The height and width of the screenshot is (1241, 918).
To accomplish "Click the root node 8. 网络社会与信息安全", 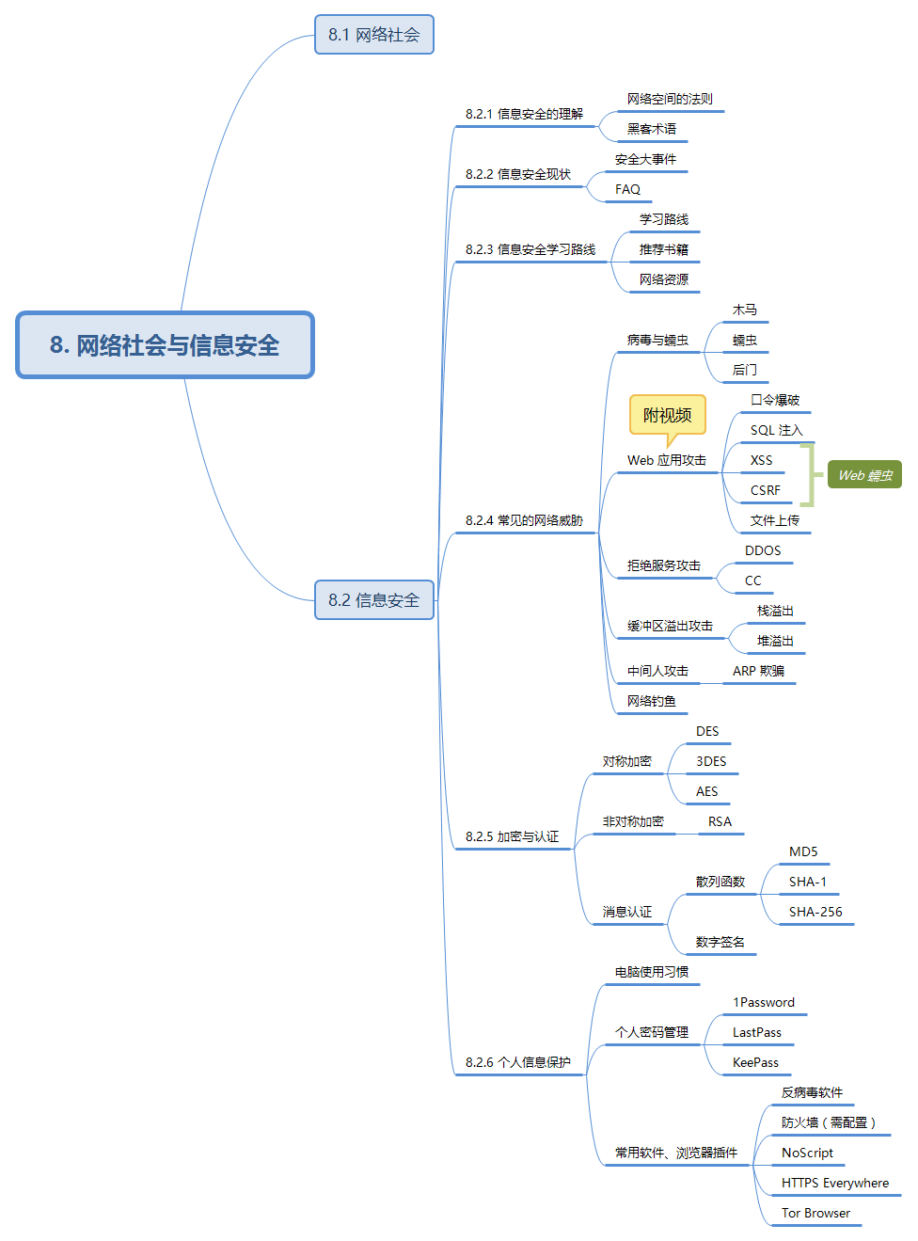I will click(165, 345).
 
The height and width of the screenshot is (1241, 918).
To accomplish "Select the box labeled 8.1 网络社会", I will click(373, 35).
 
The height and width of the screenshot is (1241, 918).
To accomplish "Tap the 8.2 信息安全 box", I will click(373, 600).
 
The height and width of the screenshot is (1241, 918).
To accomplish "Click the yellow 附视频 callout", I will click(667, 415).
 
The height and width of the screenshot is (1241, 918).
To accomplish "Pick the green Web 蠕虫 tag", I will click(864, 475).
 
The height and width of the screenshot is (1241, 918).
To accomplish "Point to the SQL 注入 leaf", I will click(776, 430).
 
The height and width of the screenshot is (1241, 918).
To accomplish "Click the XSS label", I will click(761, 460).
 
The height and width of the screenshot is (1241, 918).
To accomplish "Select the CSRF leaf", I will click(765, 490).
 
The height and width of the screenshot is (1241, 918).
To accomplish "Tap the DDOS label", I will click(763, 550).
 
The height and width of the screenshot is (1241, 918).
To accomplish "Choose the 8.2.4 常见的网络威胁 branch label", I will click(524, 520).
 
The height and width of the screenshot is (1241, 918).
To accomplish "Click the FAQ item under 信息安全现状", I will click(627, 189).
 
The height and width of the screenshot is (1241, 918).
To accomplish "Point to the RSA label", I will click(720, 821).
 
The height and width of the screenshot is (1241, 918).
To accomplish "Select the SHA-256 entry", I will click(815, 912).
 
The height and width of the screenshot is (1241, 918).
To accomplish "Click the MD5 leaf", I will click(803, 851).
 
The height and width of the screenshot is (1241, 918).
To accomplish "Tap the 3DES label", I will click(711, 761).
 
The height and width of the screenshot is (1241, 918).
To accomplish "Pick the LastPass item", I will click(756, 1032).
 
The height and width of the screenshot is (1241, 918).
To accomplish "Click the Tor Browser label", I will click(815, 1213).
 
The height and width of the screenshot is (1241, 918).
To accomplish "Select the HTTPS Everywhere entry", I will click(834, 1183).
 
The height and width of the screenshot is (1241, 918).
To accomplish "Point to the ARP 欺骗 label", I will click(758, 671).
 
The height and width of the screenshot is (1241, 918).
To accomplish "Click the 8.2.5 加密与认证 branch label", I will click(512, 836).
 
